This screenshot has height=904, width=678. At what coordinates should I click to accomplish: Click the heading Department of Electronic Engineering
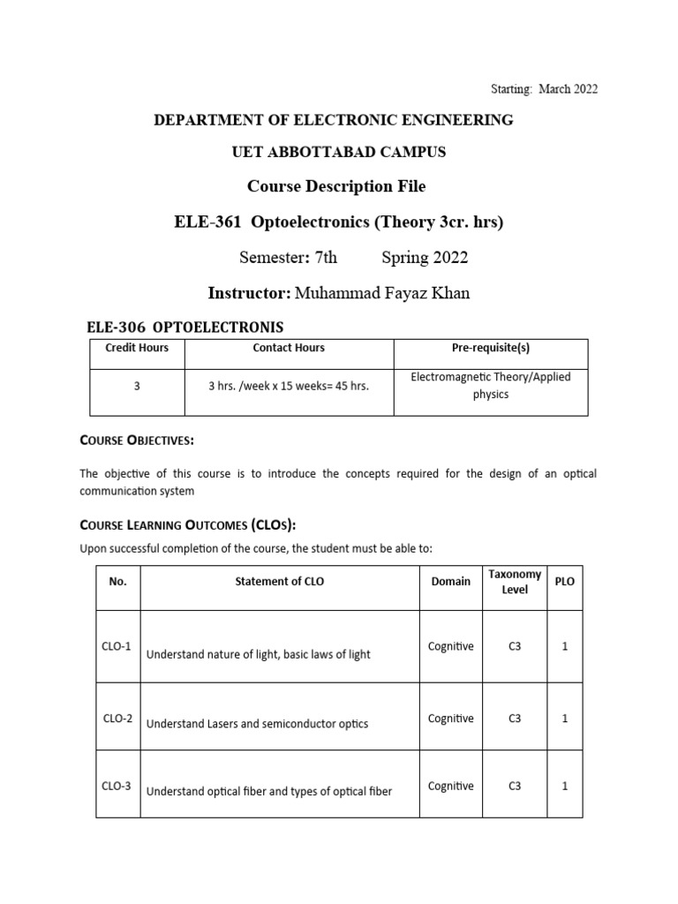coord(334,120)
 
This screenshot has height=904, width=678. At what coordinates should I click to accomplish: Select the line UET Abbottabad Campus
coord(338,153)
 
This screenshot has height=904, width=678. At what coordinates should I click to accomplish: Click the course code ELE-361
coord(209,222)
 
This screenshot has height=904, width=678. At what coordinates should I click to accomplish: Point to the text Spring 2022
coord(425,258)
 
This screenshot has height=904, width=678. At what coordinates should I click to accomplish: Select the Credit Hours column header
coord(137,348)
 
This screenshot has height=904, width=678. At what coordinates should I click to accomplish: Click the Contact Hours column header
coord(289,348)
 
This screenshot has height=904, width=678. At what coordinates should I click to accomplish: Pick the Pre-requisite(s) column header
coord(491,348)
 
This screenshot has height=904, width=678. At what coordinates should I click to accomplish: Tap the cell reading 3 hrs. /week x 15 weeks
coord(289,386)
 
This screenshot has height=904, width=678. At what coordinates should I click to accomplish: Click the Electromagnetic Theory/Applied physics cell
coord(491,386)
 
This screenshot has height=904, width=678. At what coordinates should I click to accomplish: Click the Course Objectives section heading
coord(137,440)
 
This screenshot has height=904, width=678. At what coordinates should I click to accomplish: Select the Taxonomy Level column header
coord(515,582)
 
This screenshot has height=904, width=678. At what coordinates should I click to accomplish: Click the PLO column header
coord(564,582)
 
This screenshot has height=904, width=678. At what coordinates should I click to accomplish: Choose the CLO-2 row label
coord(117,719)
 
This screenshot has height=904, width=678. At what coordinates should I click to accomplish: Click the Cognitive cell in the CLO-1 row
coord(450,647)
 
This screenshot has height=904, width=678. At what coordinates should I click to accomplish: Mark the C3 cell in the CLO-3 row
coord(515,787)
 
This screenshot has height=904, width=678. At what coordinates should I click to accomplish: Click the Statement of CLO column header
coord(279,582)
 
